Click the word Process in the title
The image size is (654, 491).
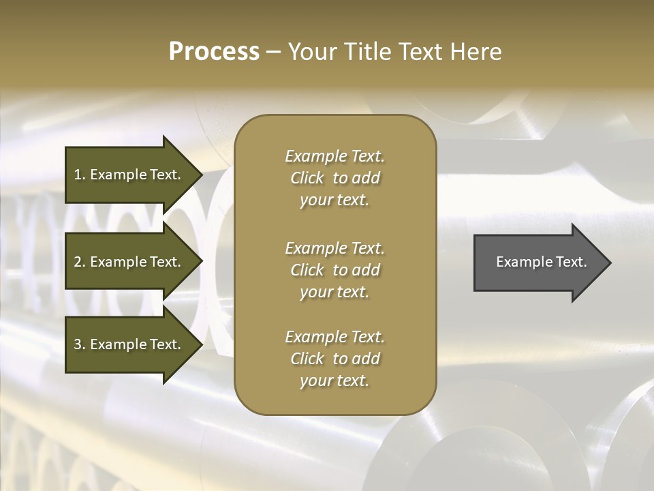point(214,52)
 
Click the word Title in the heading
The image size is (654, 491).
point(369,52)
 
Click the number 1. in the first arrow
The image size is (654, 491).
point(80,175)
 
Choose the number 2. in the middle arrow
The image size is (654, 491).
point(80,262)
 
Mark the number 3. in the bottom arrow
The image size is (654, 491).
point(80,344)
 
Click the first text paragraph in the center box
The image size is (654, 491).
point(334,178)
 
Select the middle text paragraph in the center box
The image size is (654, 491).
point(334,270)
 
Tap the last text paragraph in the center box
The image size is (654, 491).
point(334,359)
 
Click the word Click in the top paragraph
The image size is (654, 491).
point(307,178)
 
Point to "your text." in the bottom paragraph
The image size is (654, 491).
point(334,381)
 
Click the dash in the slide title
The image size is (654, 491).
point(273,52)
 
